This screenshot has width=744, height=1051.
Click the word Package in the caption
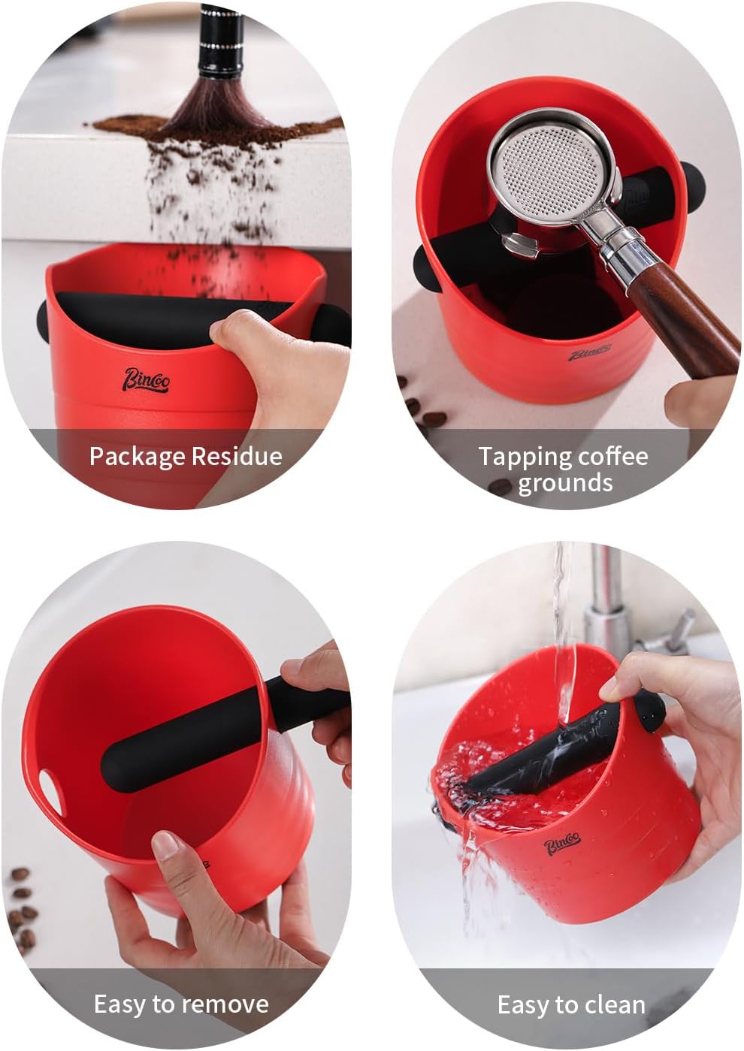point(136,456)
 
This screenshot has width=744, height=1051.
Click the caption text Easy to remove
point(181,1004)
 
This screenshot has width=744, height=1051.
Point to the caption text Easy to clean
point(571,1004)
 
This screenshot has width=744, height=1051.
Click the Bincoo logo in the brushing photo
point(147,380)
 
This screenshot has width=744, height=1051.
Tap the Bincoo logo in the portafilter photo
point(588,354)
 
